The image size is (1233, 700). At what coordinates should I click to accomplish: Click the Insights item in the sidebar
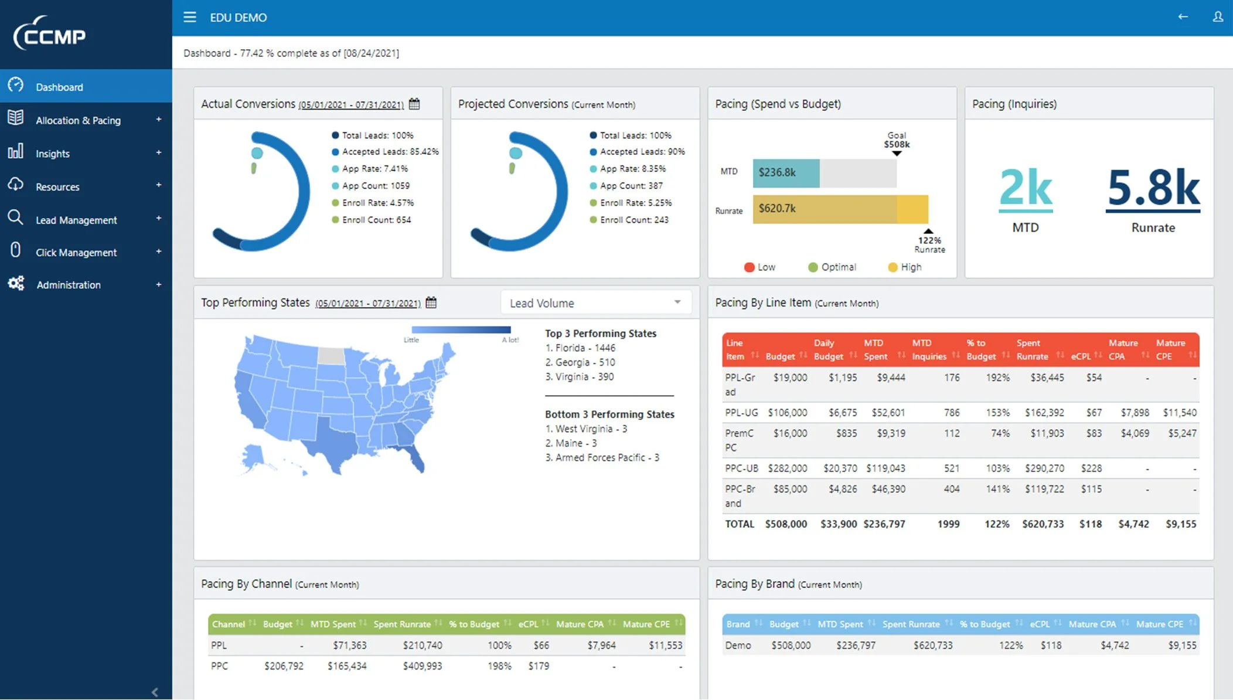tap(52, 154)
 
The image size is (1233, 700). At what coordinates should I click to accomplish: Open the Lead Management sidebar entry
tap(76, 220)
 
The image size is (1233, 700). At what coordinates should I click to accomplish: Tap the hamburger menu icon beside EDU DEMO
tap(190, 17)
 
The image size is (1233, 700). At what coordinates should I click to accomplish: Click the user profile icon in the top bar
tap(1218, 17)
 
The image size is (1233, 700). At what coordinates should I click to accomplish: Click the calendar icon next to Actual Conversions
tap(414, 104)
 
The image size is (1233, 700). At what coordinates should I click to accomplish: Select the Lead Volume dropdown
tap(595, 303)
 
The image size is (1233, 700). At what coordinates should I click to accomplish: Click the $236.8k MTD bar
tap(785, 173)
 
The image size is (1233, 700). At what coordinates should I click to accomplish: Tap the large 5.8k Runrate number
tap(1153, 188)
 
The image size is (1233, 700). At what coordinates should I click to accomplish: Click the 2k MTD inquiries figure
tap(1026, 188)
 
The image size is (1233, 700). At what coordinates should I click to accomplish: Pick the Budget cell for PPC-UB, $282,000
tap(787, 468)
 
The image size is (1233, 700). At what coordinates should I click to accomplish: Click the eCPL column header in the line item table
tap(1081, 356)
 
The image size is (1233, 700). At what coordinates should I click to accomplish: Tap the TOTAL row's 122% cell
tap(997, 524)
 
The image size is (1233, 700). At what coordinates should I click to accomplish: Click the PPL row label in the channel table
tap(219, 645)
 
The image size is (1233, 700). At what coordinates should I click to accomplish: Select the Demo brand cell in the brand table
tap(738, 645)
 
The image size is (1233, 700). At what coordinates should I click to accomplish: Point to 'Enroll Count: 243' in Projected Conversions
tap(633, 220)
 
